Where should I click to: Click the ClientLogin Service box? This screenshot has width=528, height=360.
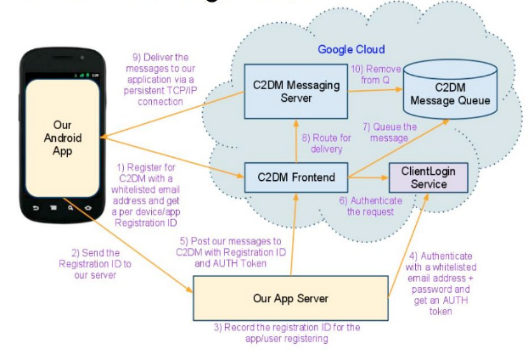pyautogui.click(x=428, y=177)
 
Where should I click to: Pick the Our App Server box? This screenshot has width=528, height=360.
pyautogui.click(x=290, y=298)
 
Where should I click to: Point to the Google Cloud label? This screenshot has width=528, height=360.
pyautogui.click(x=351, y=49)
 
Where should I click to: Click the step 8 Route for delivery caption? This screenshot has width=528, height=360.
pyautogui.click(x=325, y=143)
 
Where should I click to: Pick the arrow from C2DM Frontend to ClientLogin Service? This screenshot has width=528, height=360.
pyautogui.click(x=368, y=178)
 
